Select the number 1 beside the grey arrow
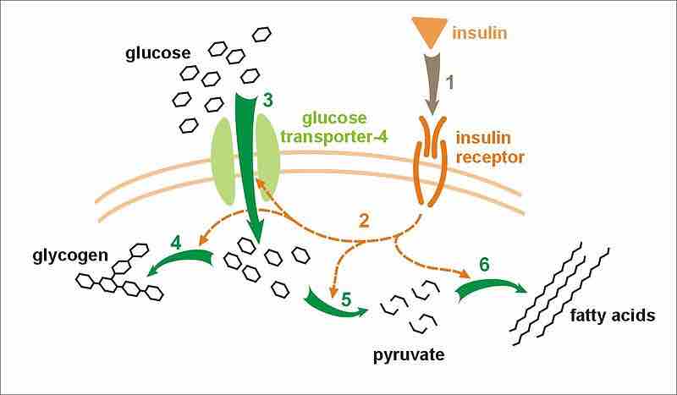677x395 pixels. click(x=449, y=83)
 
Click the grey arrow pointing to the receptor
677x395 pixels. click(x=432, y=85)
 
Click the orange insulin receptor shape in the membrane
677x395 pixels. click(x=430, y=161)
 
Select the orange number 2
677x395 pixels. click(x=365, y=222)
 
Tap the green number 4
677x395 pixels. click(x=177, y=243)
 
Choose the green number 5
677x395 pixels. click(x=347, y=299)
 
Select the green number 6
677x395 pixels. click(x=483, y=265)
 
